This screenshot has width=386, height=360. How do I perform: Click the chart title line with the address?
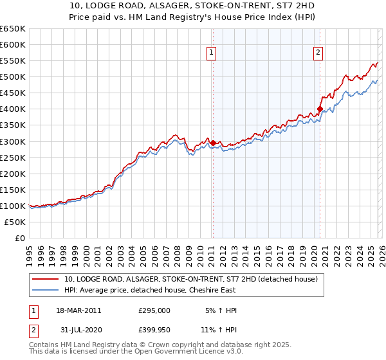192,6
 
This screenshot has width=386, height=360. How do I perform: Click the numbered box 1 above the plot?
212,53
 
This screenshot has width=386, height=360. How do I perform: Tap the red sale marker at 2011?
213,142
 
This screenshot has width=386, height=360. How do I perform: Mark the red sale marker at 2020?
320,109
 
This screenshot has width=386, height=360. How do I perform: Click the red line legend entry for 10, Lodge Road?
191,280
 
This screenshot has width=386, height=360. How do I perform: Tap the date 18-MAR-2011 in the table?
79,310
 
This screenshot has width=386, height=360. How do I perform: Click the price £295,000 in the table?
154,310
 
